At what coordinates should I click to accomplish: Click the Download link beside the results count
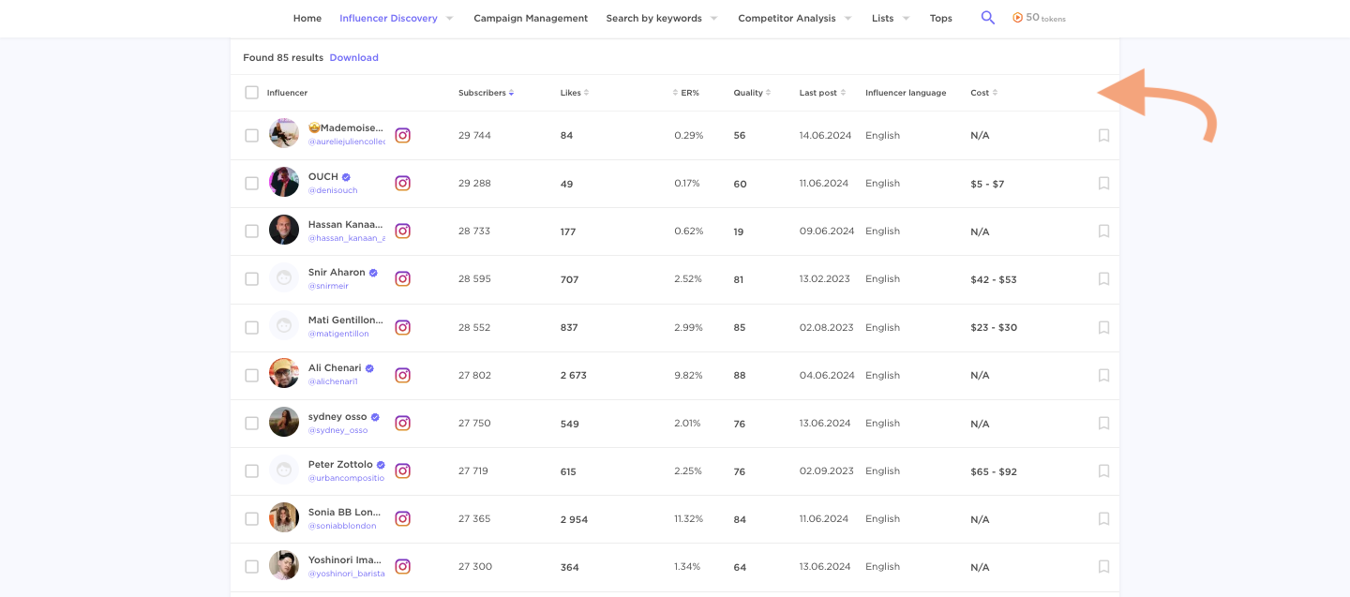353,58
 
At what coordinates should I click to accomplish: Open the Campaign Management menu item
531,19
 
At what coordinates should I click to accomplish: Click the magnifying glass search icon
987,18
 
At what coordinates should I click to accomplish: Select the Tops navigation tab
940,19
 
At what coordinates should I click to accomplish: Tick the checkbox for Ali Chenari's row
251,376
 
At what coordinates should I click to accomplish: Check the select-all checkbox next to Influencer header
251,93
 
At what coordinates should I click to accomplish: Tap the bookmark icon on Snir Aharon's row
1103,279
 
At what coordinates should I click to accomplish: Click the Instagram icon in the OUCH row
402,184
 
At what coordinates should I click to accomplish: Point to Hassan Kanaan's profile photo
284,231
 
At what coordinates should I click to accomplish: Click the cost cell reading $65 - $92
993,472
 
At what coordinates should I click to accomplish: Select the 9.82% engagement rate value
688,376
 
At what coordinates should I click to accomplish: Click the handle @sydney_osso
337,430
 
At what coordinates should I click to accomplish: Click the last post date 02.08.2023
826,328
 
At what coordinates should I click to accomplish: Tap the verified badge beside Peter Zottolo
381,465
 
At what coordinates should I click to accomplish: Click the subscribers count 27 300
474,567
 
